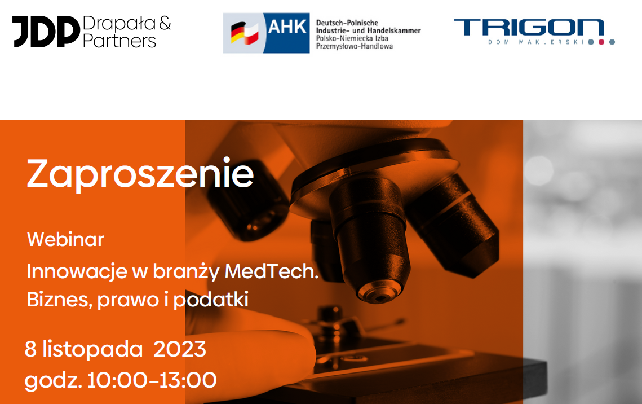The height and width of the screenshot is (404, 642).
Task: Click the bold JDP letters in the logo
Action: tap(46, 32)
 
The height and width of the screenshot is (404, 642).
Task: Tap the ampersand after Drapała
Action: tap(165, 23)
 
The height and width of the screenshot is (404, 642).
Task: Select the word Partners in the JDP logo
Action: tap(119, 41)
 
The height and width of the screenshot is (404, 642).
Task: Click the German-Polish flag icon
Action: tap(245, 33)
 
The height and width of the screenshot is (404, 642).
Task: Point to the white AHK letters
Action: tap(287, 27)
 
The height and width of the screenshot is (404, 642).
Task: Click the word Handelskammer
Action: tap(395, 30)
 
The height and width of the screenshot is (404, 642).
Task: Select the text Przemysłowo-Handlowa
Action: tap(354, 46)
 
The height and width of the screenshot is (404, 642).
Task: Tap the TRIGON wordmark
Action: tap(529, 28)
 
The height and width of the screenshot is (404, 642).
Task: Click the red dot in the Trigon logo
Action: tap(601, 42)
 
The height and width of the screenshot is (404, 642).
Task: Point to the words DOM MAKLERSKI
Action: tap(535, 42)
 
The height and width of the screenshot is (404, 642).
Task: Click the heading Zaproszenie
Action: tap(140, 174)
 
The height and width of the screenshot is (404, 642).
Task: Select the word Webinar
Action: tap(65, 239)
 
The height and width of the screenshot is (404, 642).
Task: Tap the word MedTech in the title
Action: tap(272, 271)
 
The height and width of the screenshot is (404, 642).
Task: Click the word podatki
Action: tap(211, 300)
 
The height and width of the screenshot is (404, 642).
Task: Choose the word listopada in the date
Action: tap(92, 349)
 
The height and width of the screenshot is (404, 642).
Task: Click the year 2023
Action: tap(180, 349)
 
